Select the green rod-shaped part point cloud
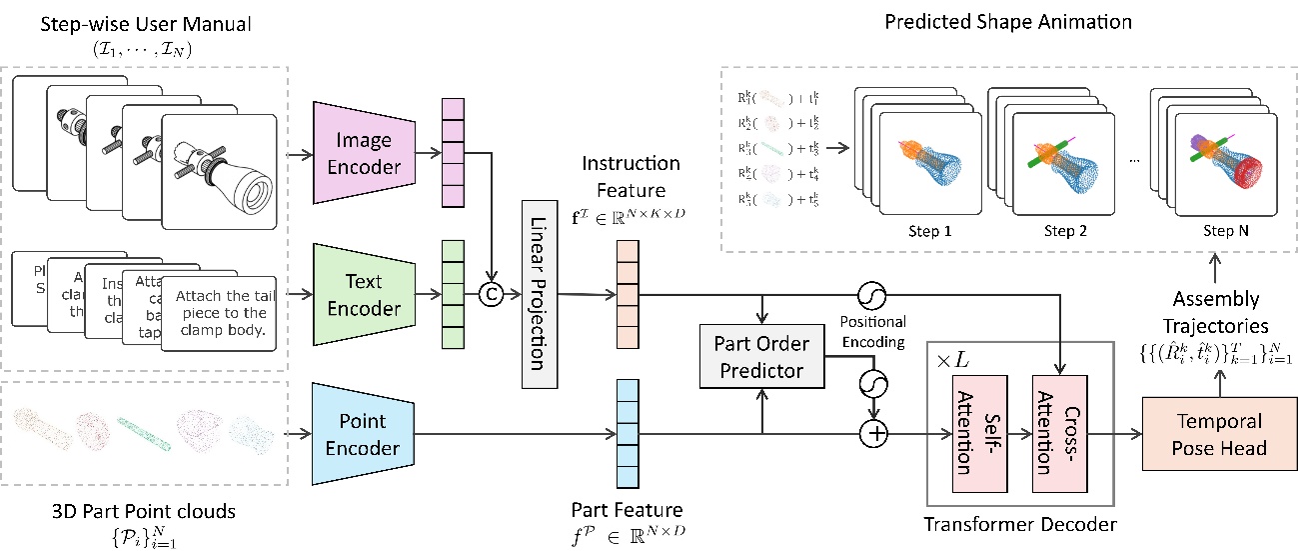coord(145,425)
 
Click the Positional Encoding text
coord(872,331)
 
